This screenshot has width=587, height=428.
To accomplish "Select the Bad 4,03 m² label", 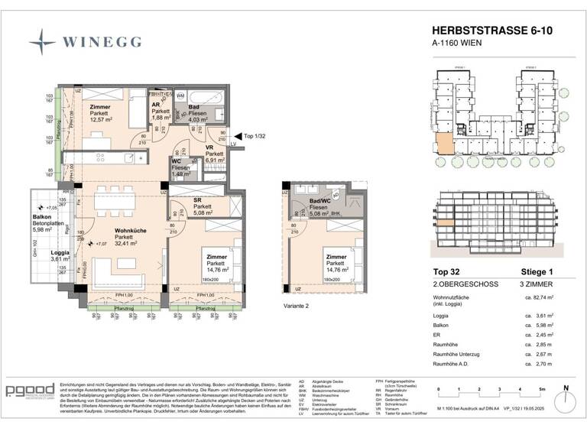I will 199,112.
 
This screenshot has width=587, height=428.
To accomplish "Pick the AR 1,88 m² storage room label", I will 160,112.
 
